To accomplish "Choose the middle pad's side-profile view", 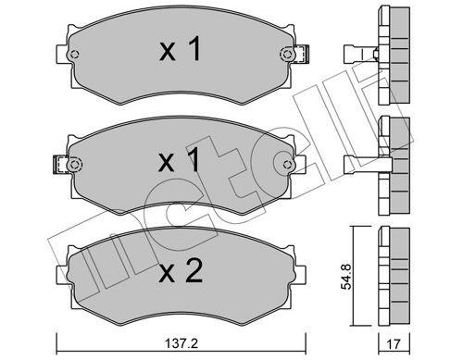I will point(393,163).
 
